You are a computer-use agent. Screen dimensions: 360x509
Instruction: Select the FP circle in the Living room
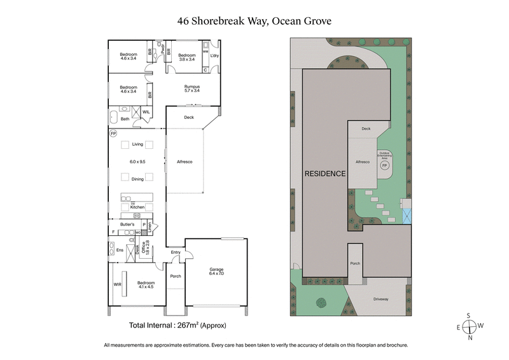[113, 134]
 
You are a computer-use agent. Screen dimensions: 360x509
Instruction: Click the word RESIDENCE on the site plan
[324, 173]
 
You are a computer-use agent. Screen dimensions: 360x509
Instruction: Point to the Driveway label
[380, 298]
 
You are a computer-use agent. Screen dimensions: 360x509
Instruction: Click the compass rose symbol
[469, 326]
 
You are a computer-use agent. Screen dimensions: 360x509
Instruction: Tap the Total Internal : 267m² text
[178, 325]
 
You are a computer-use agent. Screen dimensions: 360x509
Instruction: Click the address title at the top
[254, 21]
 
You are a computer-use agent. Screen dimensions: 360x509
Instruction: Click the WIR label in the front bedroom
[117, 284]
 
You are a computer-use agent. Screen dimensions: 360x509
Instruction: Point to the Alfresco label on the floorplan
[185, 162]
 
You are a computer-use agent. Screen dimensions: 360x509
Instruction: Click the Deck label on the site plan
[366, 128]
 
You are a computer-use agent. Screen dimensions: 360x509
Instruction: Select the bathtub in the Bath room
[113, 118]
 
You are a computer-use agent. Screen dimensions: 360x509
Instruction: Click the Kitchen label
[137, 207]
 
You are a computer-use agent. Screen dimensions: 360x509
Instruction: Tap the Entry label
[175, 253]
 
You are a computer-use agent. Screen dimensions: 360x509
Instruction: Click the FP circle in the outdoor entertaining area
[384, 165]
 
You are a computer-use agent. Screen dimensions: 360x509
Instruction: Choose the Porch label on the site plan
[354, 263]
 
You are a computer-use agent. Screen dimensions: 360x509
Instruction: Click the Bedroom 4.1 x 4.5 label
[146, 284]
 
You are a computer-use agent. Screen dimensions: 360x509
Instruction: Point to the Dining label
[137, 179]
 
